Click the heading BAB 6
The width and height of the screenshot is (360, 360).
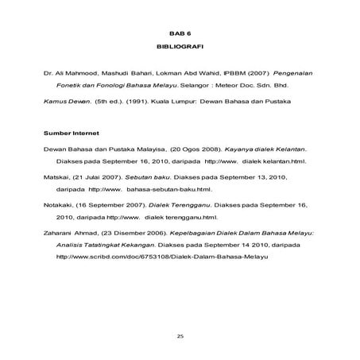[x=180, y=36]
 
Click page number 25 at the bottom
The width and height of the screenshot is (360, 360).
[x=180, y=337]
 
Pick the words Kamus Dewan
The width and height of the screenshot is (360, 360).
[x=66, y=102]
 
